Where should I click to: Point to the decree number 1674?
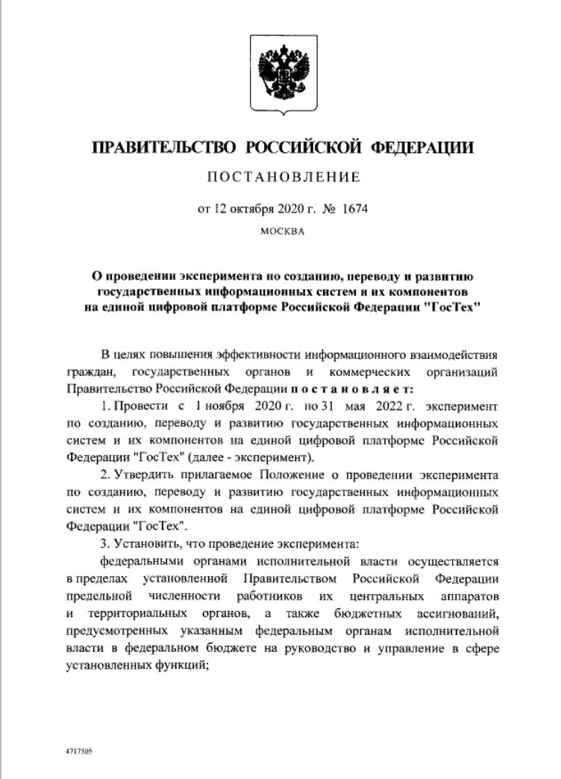tap(355, 209)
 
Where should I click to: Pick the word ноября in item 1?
tap(222, 407)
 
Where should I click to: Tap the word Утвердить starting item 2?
tap(144, 475)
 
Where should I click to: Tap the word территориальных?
tap(131, 615)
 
